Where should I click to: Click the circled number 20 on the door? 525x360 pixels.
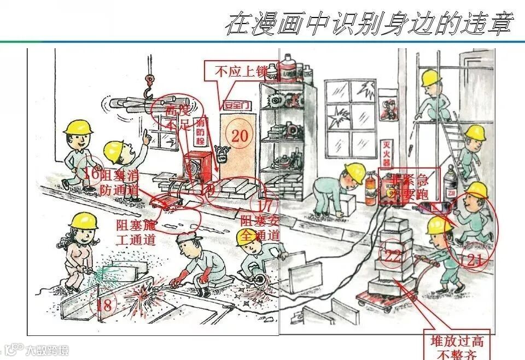(x=240, y=135)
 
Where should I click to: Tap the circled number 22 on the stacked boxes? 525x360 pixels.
(x=392, y=256)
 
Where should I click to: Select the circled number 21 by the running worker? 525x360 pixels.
(x=474, y=259)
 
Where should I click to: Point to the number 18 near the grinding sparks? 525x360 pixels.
(x=104, y=304)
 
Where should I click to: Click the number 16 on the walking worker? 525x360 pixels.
(x=92, y=174)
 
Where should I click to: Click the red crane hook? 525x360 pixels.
(x=149, y=90)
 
